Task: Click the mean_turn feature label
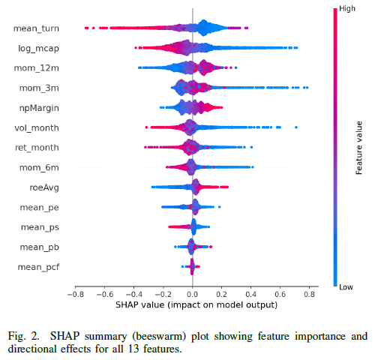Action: pos(36,28)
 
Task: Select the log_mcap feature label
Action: pos(38,49)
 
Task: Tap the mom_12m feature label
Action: pos(37,68)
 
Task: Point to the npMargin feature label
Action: pos(39,108)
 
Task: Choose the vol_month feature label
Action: pos(37,128)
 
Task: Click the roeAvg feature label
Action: pos(44,187)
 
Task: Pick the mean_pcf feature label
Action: pos(38,268)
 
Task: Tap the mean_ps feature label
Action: pos(40,227)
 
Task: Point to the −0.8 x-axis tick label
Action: pos(76,294)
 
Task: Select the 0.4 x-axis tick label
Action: pos(250,294)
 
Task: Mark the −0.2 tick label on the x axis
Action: pos(163,294)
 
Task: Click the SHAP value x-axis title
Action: pos(196,305)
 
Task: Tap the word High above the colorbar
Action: pos(347,9)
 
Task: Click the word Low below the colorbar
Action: pos(346,287)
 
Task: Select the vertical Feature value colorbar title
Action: pos(359,148)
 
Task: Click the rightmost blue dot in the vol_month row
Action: pos(296,127)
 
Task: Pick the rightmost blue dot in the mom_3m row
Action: pos(307,88)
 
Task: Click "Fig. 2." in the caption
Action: pos(24,336)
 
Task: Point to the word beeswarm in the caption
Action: pos(159,336)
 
